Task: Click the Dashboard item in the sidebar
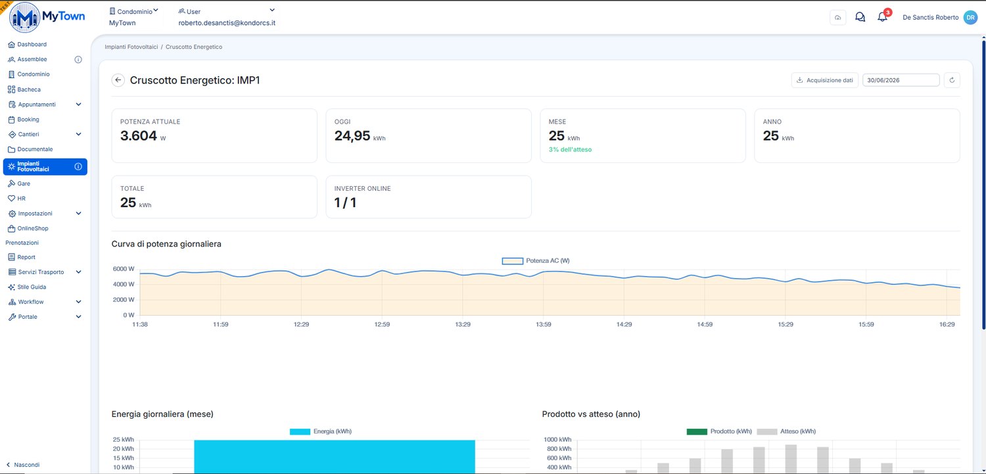[28, 45]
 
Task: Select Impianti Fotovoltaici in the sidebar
[45, 166]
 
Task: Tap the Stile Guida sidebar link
[27, 287]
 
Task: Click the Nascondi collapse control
[23, 465]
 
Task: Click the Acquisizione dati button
[825, 80]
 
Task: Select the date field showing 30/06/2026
[901, 80]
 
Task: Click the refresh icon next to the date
[952, 80]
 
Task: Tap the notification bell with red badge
[883, 16]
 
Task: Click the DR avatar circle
[970, 17]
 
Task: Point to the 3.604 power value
[139, 135]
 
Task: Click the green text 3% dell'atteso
[570, 150]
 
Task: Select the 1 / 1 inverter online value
[345, 202]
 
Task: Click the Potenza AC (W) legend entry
[536, 260]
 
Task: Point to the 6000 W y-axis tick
[124, 269]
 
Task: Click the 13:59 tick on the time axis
[543, 324]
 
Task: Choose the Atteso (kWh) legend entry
[786, 431]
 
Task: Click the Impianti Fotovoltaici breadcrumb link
[131, 47]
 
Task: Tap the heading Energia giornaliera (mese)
[162, 414]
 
